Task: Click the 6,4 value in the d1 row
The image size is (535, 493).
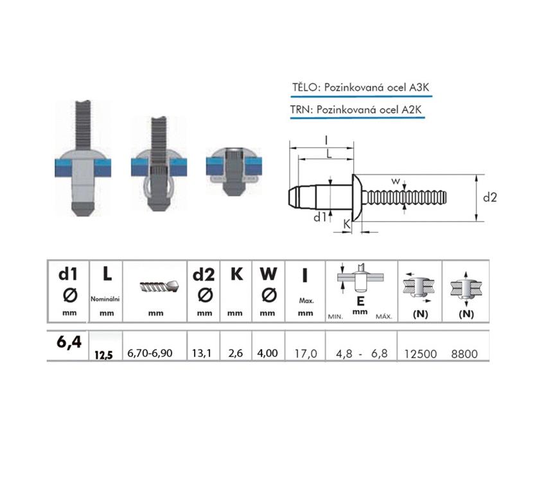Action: click(x=69, y=342)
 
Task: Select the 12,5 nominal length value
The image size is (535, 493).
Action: click(x=104, y=355)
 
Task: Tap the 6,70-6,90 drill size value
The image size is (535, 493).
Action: click(x=150, y=353)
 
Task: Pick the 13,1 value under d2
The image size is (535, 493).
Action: click(x=202, y=353)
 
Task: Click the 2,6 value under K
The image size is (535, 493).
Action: click(x=236, y=353)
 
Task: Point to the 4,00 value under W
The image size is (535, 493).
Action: click(x=267, y=353)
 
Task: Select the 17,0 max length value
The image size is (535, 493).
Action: click(x=306, y=354)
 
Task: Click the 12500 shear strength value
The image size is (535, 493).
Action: click(x=420, y=354)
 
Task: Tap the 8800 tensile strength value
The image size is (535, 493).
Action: click(x=464, y=354)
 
